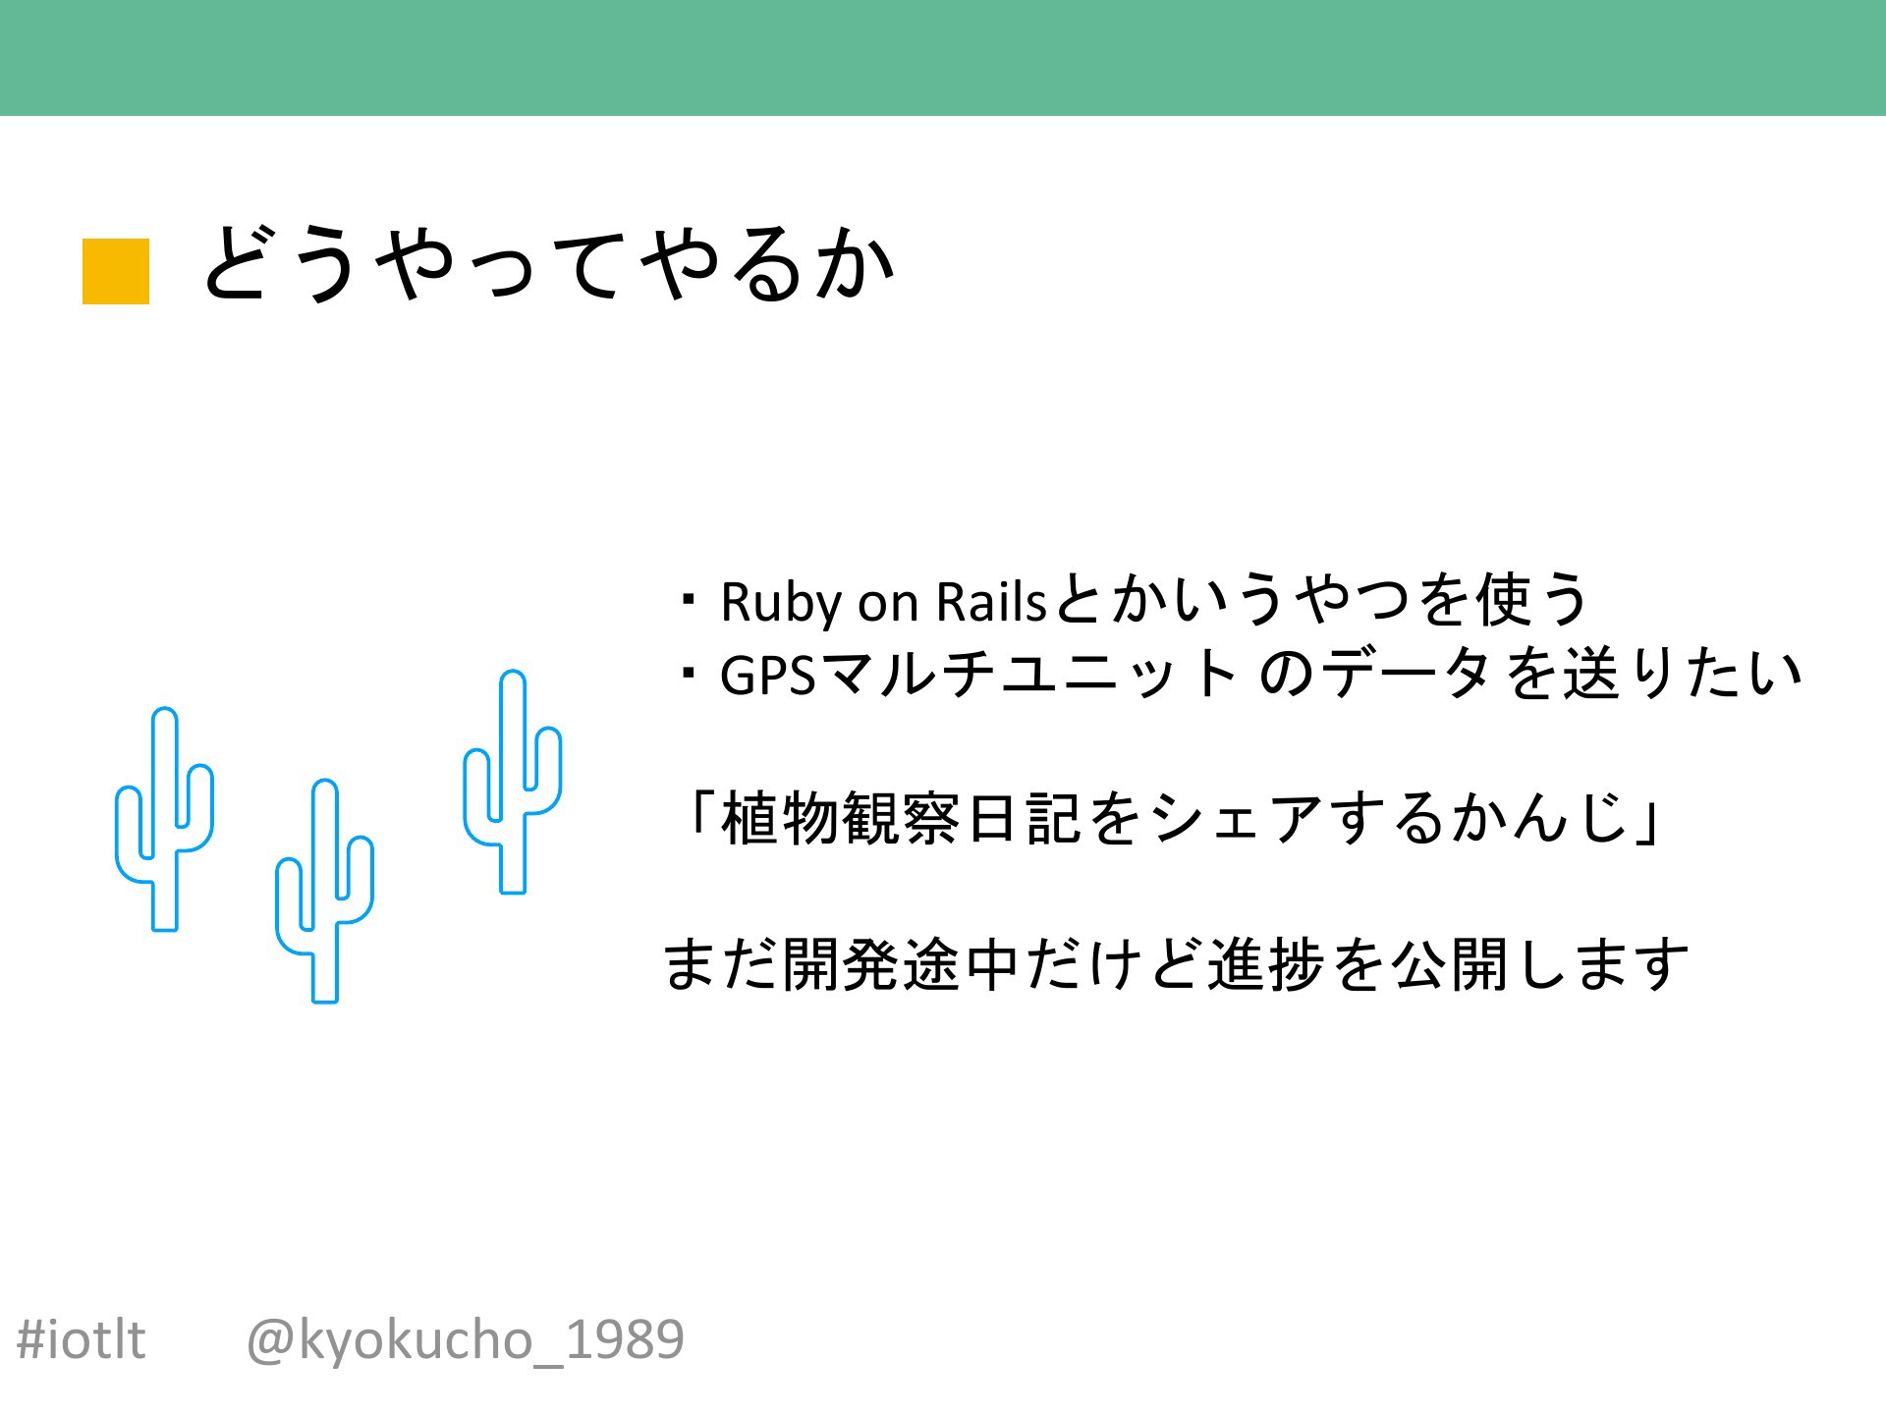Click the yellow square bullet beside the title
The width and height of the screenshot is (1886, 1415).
coord(116,271)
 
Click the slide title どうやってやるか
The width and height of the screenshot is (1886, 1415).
coord(548,263)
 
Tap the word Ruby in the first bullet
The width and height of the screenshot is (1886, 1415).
coord(780,602)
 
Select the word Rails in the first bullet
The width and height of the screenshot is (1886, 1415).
coord(992,602)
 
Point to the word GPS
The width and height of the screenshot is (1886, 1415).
coord(768,675)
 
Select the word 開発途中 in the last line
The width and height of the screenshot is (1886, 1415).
coord(900,964)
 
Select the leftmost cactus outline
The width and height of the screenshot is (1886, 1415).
coord(164,819)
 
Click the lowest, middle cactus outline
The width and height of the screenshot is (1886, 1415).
coord(324,892)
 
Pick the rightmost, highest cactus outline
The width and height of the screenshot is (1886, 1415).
coord(512,783)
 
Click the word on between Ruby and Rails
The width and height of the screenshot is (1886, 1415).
coord(887,606)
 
